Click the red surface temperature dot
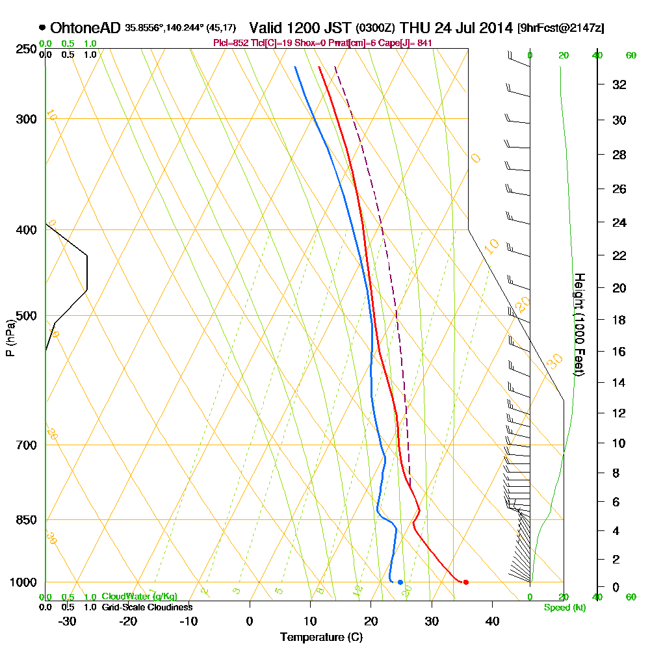tap(465, 582)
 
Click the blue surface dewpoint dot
tap(400, 582)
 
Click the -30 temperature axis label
tap(67, 620)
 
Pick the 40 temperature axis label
tap(492, 620)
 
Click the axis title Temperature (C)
tap(321, 637)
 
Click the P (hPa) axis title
tap(10, 338)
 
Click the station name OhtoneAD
tap(84, 28)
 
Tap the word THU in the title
tap(413, 28)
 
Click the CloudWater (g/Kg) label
tap(139, 596)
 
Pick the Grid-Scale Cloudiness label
tap(147, 607)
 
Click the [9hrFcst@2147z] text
tap(560, 28)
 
